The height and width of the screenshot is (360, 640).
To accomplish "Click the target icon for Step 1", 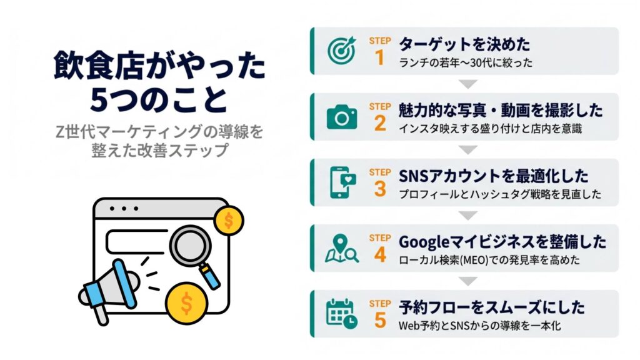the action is click(342, 51).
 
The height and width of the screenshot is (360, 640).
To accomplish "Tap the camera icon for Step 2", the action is click(342, 117).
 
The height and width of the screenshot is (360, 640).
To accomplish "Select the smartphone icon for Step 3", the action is click(342, 182).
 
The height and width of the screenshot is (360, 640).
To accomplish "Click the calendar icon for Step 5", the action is click(342, 314).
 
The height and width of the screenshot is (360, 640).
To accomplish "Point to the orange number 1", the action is click(379, 57).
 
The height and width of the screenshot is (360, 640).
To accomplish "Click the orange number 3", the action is click(380, 189).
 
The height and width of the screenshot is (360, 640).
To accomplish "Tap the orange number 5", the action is click(380, 321).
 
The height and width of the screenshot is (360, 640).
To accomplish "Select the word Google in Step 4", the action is click(424, 242).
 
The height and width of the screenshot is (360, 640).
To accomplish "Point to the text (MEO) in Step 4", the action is click(474, 260).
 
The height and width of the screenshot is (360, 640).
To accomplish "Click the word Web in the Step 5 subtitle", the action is click(408, 326).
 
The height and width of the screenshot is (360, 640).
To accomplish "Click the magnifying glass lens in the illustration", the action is click(190, 246).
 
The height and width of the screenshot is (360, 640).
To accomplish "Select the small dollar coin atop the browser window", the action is click(229, 221).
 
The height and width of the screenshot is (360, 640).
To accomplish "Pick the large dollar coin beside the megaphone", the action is click(186, 303).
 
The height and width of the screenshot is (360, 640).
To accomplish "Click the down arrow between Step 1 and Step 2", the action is click(467, 84).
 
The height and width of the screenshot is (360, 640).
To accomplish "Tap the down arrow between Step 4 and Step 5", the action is click(467, 281).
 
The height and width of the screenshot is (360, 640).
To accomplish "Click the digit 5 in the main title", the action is click(98, 99).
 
